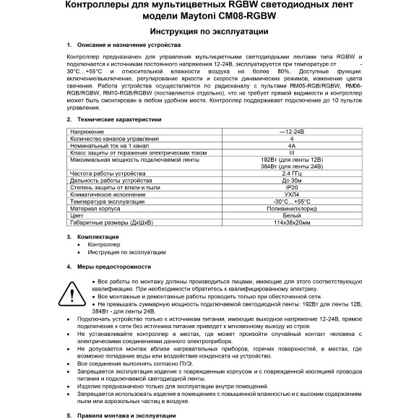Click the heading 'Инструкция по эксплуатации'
[209, 33]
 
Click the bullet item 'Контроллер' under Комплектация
[104, 245]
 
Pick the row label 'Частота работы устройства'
[107, 175]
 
